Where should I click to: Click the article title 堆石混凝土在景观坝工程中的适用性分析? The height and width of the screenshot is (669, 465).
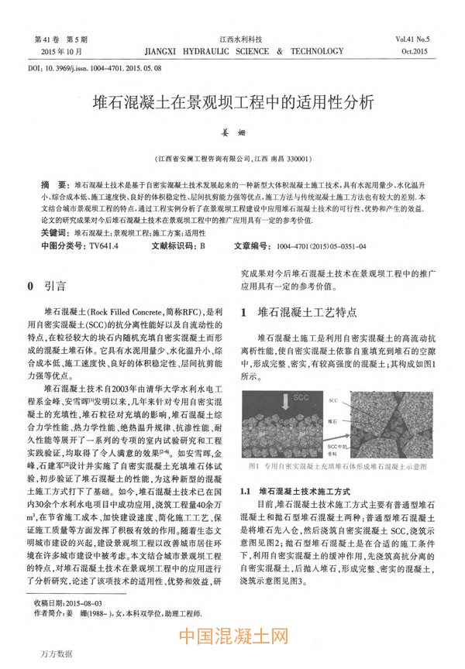click(x=232, y=102)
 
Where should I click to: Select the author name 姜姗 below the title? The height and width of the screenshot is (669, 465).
click(x=232, y=133)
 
